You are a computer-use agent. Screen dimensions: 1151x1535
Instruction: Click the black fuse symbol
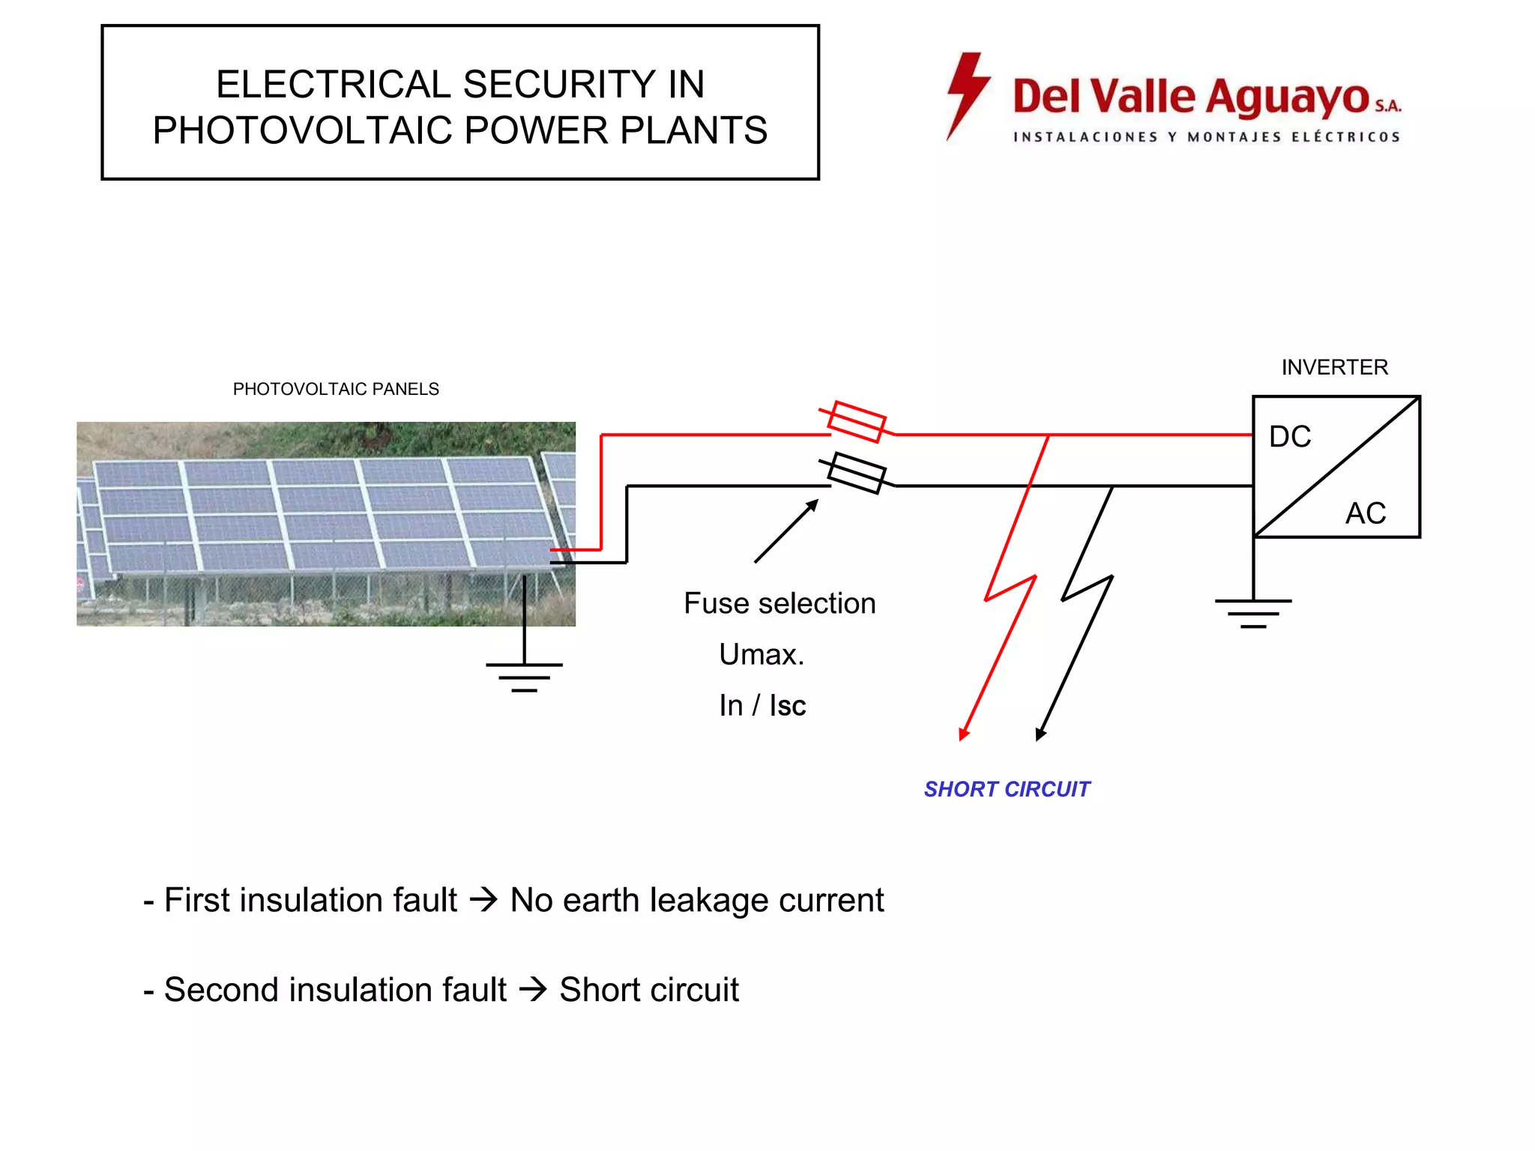(857, 474)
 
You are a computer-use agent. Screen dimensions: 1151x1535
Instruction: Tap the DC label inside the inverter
(1289, 437)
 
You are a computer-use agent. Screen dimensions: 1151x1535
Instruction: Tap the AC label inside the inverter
(1365, 514)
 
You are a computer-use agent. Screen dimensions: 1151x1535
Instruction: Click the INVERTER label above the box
(1334, 367)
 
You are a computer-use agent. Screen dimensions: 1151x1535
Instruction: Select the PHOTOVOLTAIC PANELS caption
(336, 389)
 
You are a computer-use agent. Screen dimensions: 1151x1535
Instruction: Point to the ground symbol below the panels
(524, 676)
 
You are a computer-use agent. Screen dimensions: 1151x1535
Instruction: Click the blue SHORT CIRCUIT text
(1006, 789)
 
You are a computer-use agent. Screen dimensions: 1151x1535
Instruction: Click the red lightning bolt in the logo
(967, 94)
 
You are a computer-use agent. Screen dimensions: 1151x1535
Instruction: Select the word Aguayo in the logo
(1287, 98)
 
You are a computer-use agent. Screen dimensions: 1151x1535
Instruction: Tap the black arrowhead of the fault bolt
(1040, 734)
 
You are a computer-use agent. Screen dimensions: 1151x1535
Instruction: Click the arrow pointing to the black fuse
(785, 531)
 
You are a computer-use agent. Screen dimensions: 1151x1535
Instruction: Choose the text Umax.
(762, 654)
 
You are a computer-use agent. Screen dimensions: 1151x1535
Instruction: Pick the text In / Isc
(762, 706)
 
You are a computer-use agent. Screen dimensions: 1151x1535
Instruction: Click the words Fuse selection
(779, 603)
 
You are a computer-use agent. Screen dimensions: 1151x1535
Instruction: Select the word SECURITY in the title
(559, 84)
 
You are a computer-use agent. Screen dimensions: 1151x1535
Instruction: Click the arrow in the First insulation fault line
(483, 899)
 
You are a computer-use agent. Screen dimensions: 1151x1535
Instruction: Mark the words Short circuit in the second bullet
(649, 990)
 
